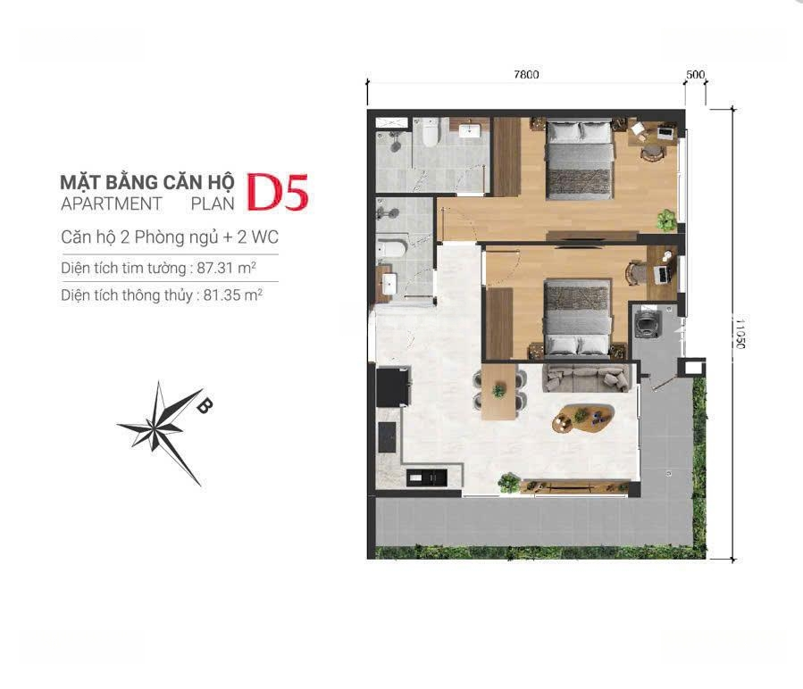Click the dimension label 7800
tap(526, 75)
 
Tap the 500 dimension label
tap(696, 75)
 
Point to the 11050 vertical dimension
tap(740, 334)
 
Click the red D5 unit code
tap(278, 192)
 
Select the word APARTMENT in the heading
tap(111, 203)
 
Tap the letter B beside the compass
tap(204, 405)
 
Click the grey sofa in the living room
tap(586, 378)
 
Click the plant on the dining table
tap(498, 391)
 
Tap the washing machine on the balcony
tap(647, 322)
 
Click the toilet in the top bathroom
tap(431, 131)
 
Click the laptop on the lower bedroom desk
tap(662, 274)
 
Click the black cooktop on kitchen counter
tap(387, 436)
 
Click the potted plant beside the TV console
tap(509, 483)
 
